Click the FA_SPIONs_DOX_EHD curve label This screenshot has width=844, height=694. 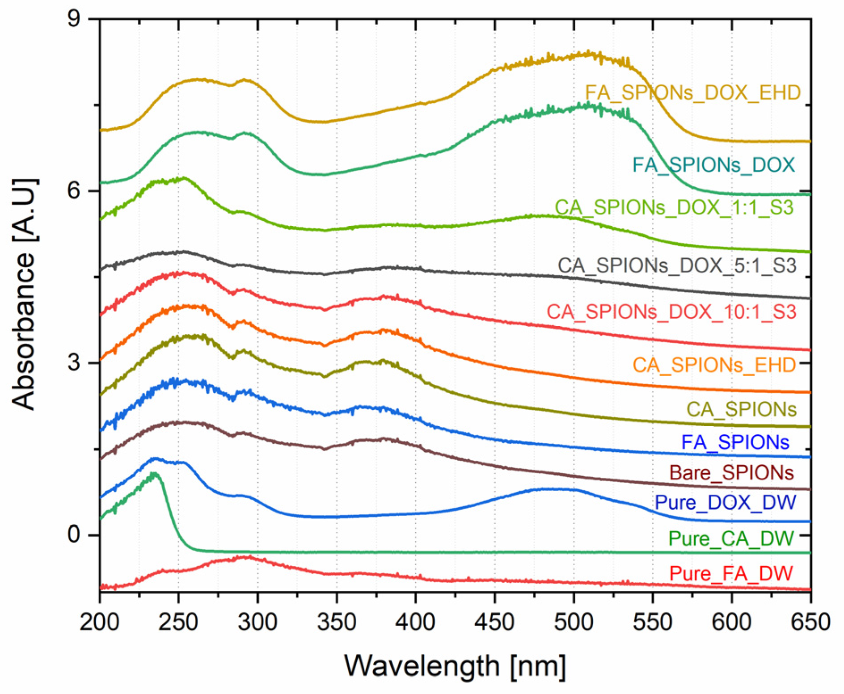point(692,93)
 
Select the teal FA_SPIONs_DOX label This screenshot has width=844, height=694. point(713,165)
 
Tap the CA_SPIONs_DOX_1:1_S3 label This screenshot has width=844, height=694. point(674,208)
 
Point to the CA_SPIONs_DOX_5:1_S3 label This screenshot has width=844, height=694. point(677,266)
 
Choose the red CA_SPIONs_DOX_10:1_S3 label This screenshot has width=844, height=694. point(671,312)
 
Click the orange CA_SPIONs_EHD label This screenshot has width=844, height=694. point(714,366)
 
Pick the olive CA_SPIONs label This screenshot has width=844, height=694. point(741,409)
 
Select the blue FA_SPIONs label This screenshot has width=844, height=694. point(735,442)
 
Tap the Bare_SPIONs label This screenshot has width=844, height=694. point(731,473)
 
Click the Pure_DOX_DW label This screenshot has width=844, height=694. point(725,502)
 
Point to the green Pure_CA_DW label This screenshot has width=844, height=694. point(731,538)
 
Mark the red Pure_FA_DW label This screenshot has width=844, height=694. point(731,573)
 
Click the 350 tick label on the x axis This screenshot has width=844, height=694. point(336,622)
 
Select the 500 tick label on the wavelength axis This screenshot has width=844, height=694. point(574,622)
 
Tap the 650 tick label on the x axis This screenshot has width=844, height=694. point(810,622)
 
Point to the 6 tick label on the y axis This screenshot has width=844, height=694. point(74,191)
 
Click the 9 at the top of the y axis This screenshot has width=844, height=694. point(74,19)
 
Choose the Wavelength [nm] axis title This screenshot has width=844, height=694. point(455,666)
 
